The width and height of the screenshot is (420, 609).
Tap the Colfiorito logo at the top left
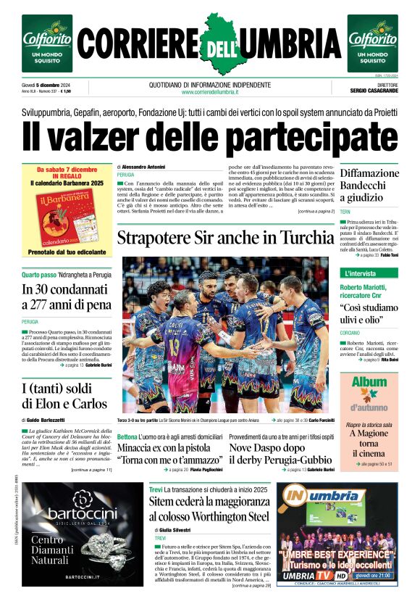coord(47,43)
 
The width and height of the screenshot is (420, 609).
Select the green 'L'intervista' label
coord(361,273)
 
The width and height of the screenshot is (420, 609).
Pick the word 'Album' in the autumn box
coord(369,382)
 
